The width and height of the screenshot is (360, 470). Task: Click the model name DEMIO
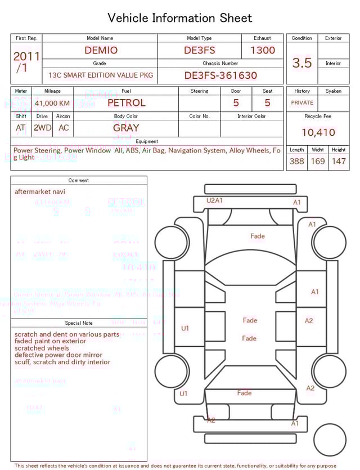point(101,50)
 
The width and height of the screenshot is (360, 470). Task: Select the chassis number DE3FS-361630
point(220,75)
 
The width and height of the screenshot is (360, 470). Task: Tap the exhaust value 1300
point(262,50)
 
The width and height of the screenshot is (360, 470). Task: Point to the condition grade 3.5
point(301,63)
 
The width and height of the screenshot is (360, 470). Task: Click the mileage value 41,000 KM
point(52,103)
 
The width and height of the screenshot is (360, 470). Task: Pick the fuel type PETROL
point(126,103)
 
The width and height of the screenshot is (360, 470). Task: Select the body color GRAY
point(126,128)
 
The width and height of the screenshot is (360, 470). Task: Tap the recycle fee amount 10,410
point(318,132)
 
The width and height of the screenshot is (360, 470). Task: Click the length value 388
point(296,161)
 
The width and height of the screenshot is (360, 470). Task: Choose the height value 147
point(338,161)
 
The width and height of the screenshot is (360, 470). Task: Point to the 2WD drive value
point(42,128)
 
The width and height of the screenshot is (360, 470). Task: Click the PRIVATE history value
point(302,103)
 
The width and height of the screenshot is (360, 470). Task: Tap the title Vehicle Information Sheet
point(180,18)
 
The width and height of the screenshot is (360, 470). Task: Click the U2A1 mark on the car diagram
point(214,200)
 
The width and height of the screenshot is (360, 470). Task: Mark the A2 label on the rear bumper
point(211,420)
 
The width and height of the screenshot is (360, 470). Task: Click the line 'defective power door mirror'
point(58,355)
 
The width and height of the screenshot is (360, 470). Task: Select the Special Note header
point(79,323)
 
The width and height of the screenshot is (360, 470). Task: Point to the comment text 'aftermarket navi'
point(39,192)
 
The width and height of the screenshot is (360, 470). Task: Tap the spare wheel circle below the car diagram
point(330,440)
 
